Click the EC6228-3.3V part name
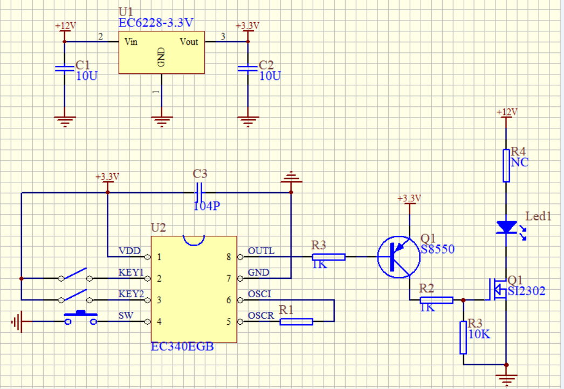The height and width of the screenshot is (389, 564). click(156, 23)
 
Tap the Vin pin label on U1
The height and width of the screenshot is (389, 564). click(130, 42)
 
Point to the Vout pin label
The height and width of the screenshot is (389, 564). click(189, 42)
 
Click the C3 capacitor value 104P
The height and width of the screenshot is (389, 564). click(207, 206)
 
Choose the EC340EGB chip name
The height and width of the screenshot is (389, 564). click(182, 346)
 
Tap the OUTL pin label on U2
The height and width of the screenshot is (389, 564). click(261, 251)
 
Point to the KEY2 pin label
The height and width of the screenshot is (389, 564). click(131, 295)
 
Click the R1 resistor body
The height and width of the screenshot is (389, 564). click(296, 322)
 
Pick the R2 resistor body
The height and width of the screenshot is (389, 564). click(436, 301)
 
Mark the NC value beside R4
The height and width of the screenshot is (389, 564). click(519, 162)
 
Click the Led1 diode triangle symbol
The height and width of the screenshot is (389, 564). click(506, 227)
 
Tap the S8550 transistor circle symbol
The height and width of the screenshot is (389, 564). click(398, 257)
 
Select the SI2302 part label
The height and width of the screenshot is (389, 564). click(526, 291)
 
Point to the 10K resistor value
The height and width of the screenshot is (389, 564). click(479, 334)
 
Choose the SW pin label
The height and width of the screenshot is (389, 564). click(126, 316)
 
